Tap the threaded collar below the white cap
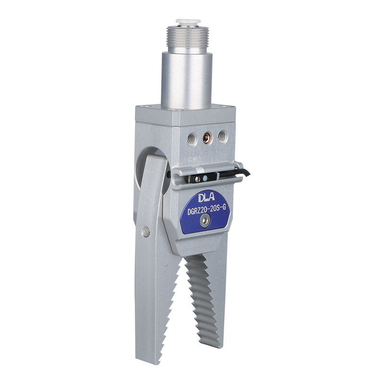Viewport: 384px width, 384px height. click(x=188, y=36)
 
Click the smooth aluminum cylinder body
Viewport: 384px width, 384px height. click(x=187, y=81)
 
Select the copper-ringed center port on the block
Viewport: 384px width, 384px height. click(x=208, y=139)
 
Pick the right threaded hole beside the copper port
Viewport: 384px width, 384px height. click(x=223, y=136)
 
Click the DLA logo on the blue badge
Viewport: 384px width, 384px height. click(x=206, y=197)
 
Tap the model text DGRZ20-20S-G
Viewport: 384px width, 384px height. click(x=206, y=210)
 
